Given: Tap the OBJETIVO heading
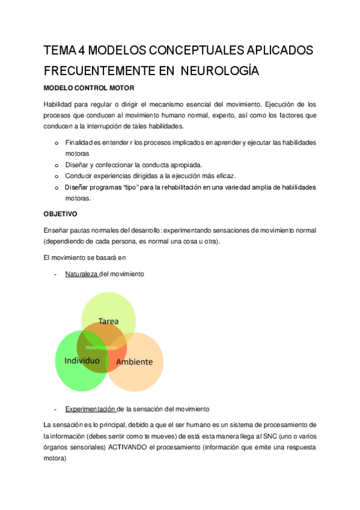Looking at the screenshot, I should point(61,214).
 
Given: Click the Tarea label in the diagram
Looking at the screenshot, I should point(108,322).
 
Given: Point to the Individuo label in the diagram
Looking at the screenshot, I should point(81,361).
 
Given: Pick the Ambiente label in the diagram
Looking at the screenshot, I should point(134,362).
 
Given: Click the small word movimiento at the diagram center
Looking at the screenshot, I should point(102,348).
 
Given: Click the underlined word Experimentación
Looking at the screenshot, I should point(90,409).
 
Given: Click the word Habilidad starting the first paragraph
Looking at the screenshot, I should point(58,104).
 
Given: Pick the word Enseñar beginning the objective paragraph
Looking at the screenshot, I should point(57,230).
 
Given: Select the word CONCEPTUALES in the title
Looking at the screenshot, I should point(186,49).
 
